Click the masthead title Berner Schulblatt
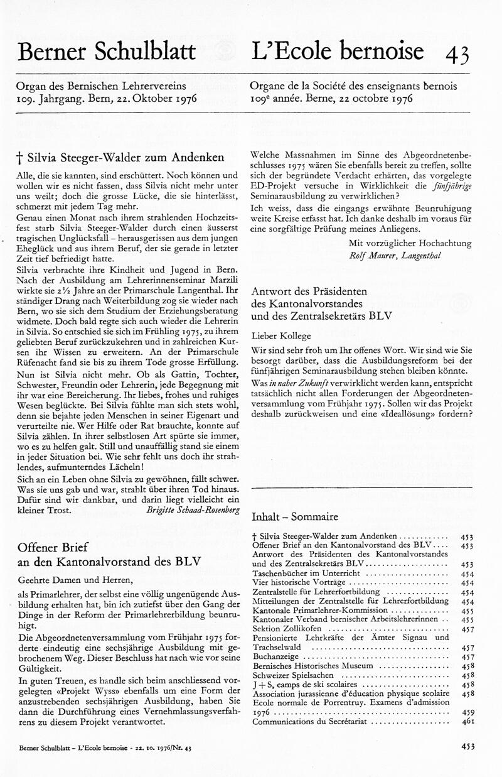tap(107, 52)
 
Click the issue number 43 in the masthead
tap(457, 55)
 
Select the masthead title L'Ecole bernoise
tap(337, 51)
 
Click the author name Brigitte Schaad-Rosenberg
tap(193, 511)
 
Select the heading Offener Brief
tap(54, 546)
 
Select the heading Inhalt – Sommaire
tap(294, 517)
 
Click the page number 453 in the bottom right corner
tap(467, 747)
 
